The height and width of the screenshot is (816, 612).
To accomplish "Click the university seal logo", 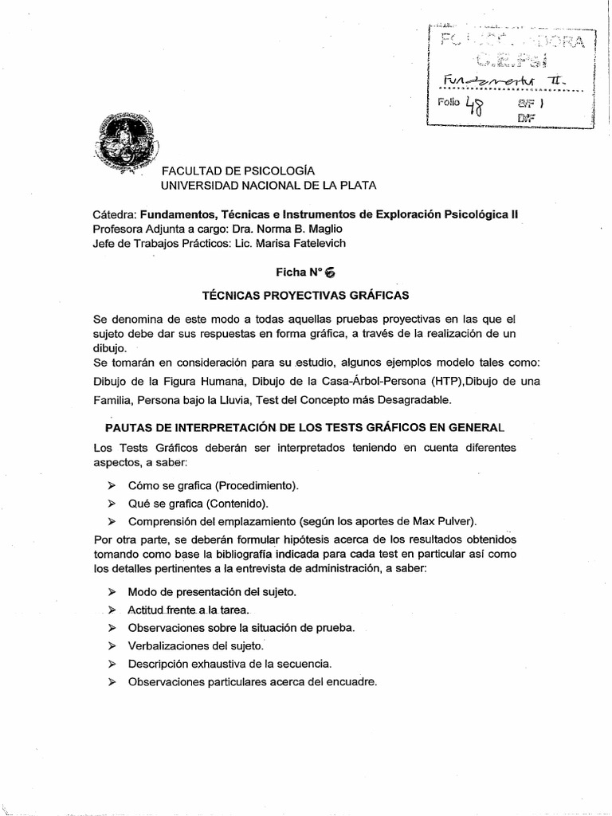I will [125, 141].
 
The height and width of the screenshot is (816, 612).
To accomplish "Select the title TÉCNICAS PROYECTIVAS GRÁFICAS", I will [306, 296].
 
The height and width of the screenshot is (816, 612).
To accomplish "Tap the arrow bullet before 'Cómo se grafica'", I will [112, 485].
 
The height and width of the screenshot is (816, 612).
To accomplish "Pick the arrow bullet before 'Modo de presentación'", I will [112, 592].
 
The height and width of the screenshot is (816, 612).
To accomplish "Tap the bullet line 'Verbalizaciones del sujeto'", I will [195, 645].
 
